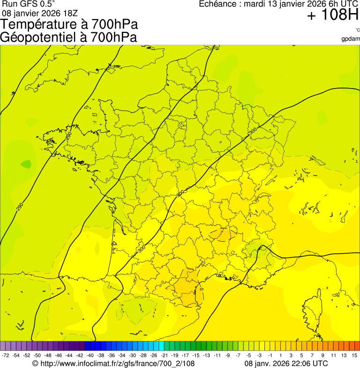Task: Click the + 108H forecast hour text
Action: pos(332,16)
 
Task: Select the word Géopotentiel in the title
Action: pos(34,37)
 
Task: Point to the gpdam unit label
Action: pos(351,39)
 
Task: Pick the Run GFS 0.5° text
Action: pos(29,4)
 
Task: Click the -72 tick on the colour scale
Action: pos(6,356)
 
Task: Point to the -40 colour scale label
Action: pos(89,356)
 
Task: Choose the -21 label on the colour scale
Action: pos(164,356)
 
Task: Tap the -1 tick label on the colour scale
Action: pos(270,356)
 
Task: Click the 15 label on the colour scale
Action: pos(355,356)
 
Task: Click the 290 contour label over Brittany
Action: pos(69,136)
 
